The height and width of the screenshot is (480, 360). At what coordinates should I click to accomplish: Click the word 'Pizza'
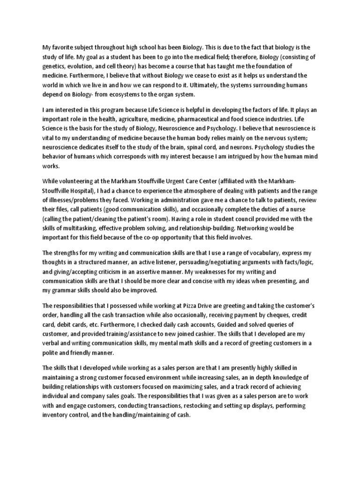click(210, 304)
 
